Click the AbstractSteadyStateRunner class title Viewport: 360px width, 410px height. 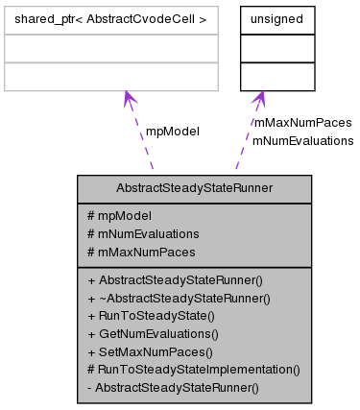point(194,189)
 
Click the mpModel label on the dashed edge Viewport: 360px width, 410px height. point(172,131)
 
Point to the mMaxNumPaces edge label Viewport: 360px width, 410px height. point(302,123)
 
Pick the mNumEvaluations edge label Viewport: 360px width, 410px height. point(302,140)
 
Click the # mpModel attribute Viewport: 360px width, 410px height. point(119,216)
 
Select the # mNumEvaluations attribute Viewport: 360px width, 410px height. point(143,233)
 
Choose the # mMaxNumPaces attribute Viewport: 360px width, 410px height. point(141,252)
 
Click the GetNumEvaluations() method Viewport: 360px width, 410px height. point(154,334)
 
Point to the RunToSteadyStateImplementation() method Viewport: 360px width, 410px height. point(194,369)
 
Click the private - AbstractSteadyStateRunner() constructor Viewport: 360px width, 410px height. point(173,387)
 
